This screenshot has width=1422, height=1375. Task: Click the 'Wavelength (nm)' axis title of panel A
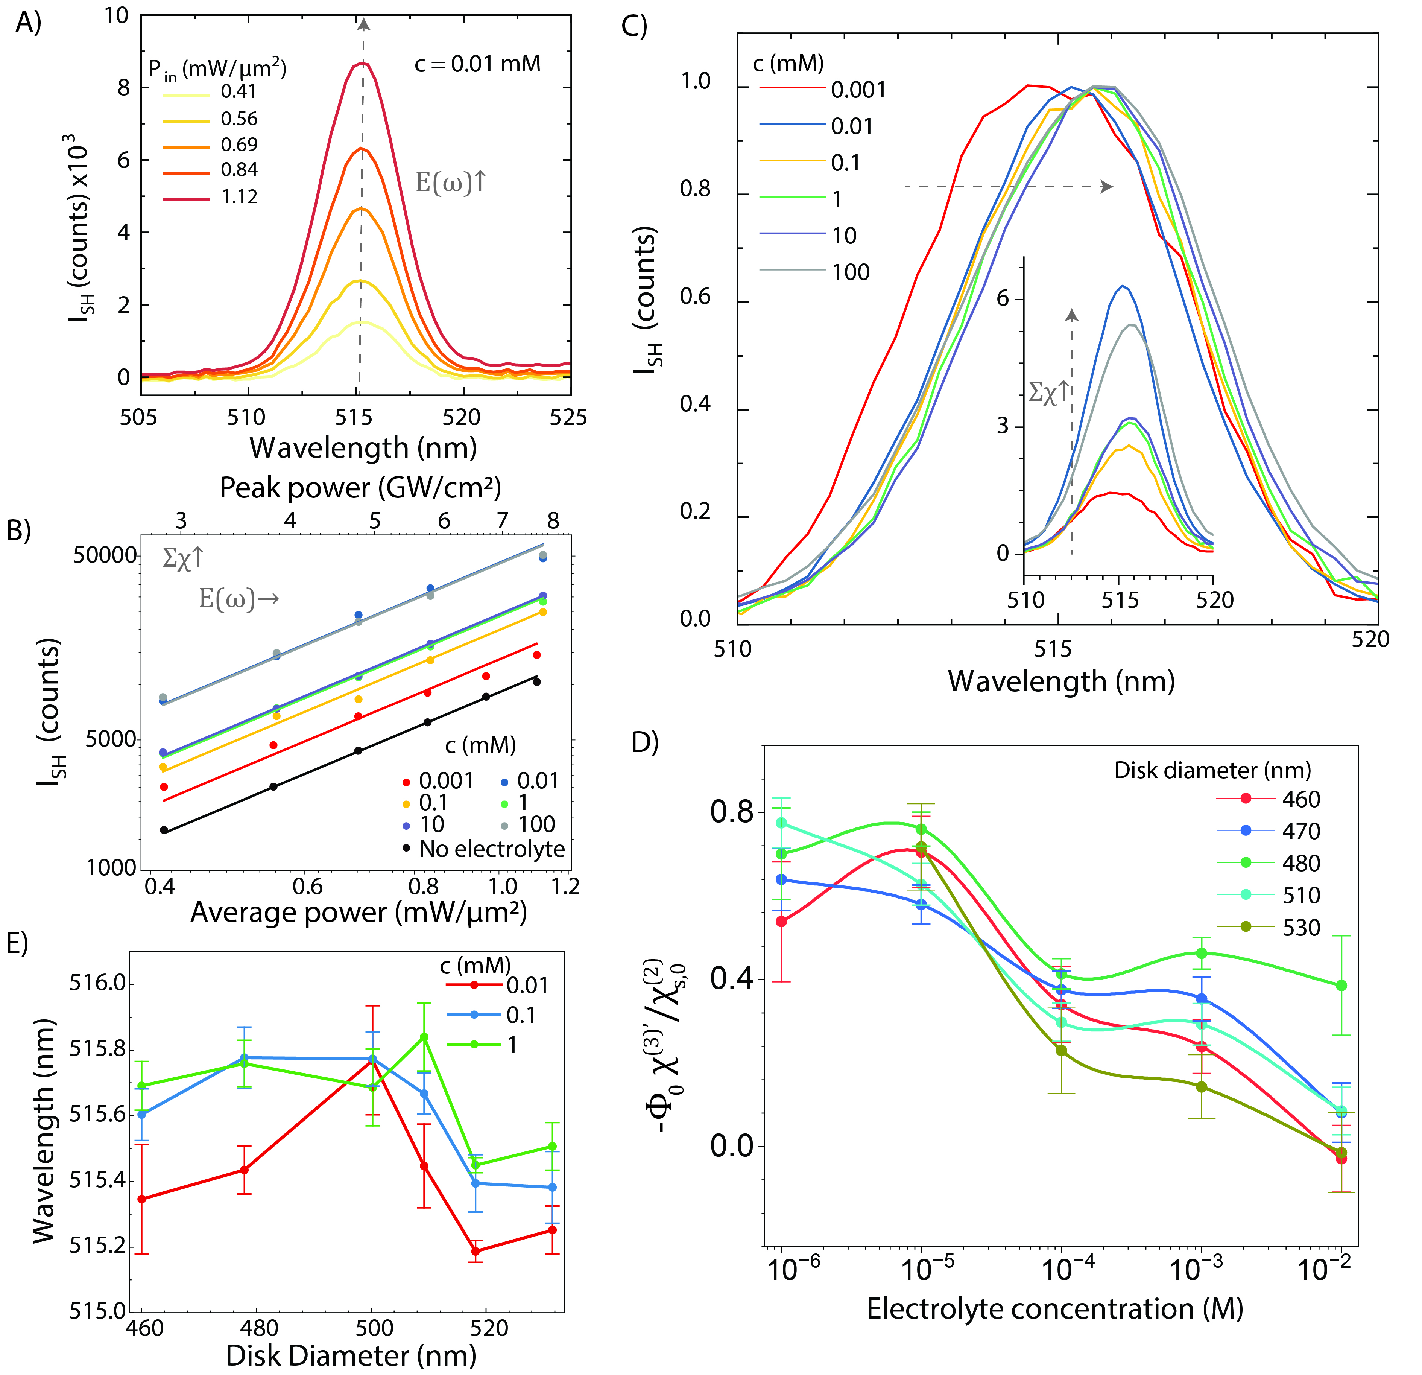pos(363,448)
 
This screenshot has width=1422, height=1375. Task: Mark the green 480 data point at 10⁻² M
pos(1341,986)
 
